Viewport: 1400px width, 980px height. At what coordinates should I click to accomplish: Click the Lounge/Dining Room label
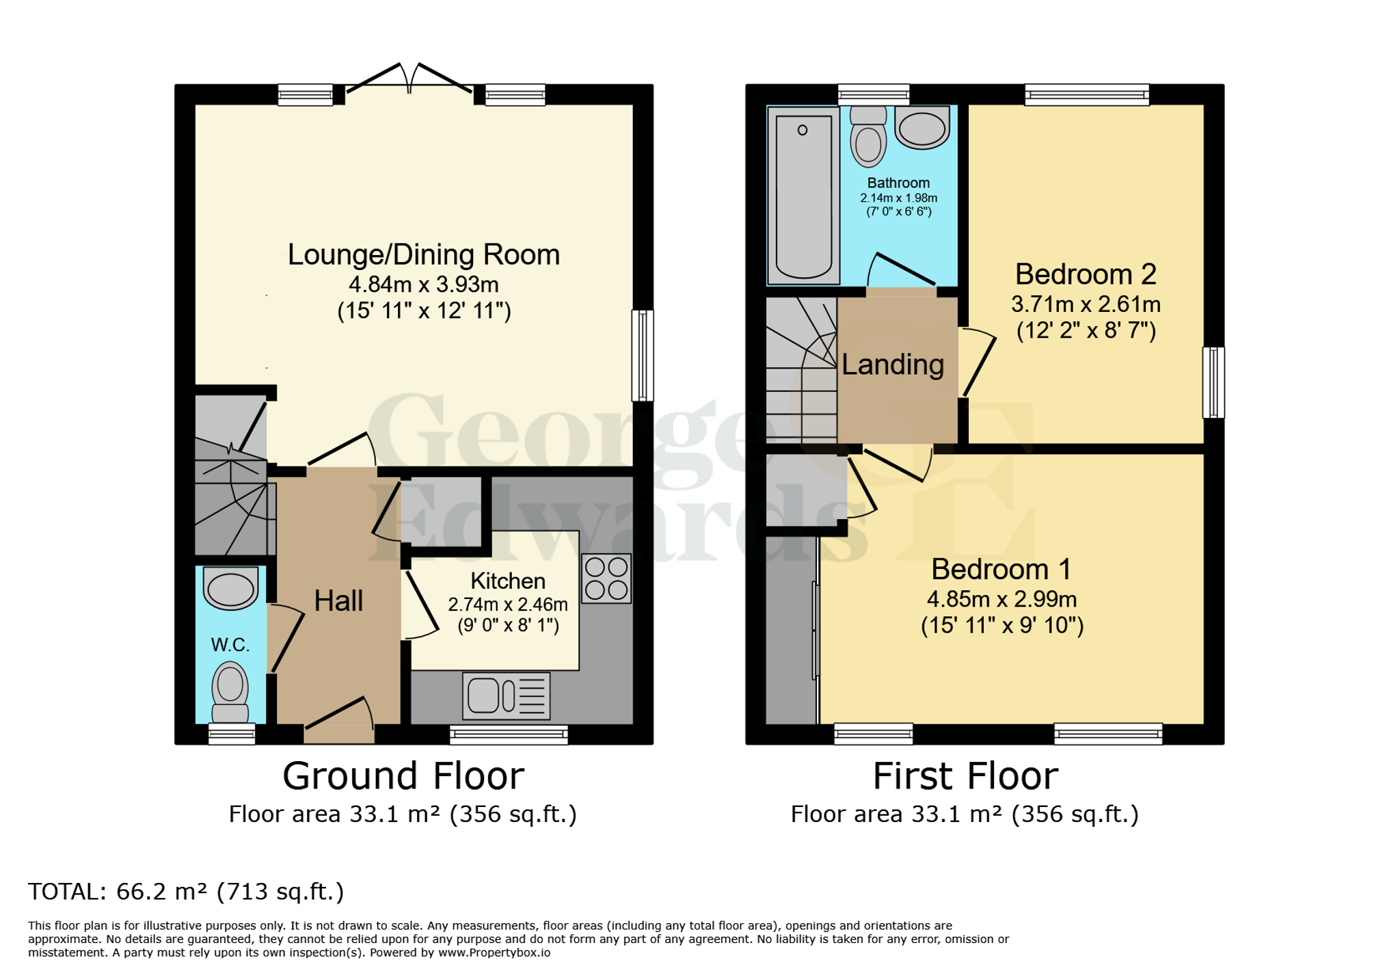[x=423, y=255]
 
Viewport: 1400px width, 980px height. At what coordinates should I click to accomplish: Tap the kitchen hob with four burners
[x=606, y=578]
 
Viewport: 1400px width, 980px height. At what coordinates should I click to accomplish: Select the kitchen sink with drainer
[x=506, y=696]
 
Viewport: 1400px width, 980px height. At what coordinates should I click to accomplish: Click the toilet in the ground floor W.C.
[x=230, y=691]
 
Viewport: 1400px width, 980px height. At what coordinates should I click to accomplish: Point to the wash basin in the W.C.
[x=230, y=589]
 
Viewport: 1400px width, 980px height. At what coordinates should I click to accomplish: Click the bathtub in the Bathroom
[x=803, y=196]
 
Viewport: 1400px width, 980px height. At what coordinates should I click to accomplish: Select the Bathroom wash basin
[x=921, y=127]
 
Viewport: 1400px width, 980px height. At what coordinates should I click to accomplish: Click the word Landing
[x=892, y=365]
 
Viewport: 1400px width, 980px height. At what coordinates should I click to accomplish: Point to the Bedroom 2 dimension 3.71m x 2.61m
[x=1086, y=304]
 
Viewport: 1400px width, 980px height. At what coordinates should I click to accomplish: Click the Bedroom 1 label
[x=1001, y=569]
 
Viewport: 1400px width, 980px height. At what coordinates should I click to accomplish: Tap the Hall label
[x=338, y=601]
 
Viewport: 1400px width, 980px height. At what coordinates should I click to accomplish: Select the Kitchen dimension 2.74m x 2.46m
[x=507, y=605]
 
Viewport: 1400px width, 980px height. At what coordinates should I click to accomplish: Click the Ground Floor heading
[x=403, y=776]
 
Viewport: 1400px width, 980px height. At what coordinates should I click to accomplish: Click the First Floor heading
[x=965, y=776]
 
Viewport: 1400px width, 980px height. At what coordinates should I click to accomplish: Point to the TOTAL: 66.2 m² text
[x=185, y=892]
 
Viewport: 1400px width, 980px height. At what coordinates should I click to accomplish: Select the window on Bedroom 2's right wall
[x=1213, y=382]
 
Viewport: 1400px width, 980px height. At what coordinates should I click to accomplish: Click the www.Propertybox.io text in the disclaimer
[x=494, y=953]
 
